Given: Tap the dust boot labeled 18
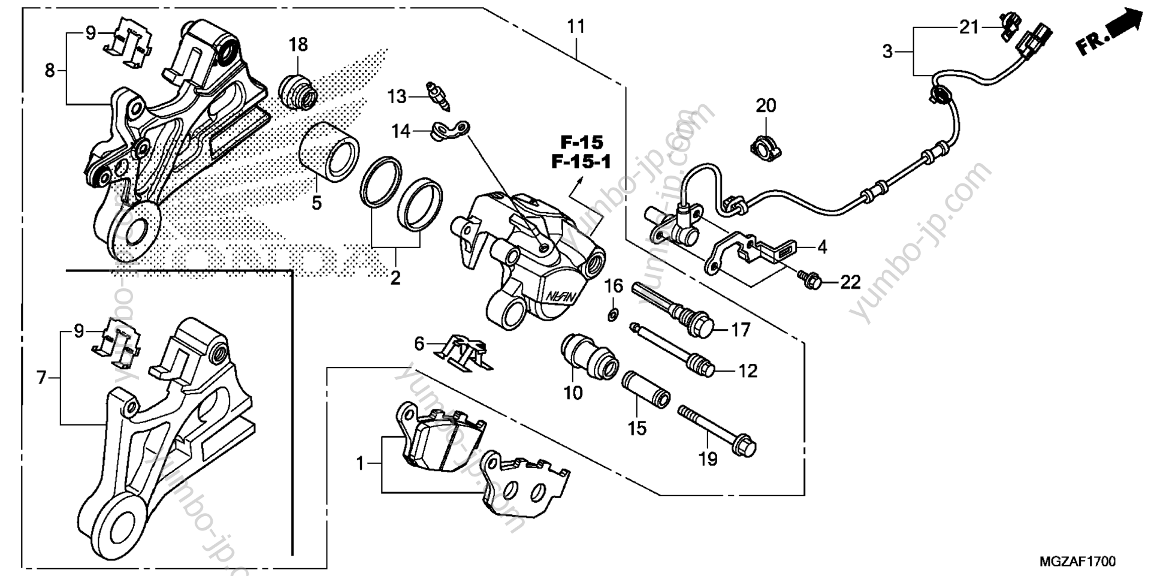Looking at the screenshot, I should (297, 92).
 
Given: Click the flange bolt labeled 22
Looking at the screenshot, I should (811, 280).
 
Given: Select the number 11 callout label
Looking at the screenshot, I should (576, 28).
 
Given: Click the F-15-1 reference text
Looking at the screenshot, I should (581, 162).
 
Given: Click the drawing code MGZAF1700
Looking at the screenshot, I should (1077, 561).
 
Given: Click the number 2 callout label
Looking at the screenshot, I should (395, 278).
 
